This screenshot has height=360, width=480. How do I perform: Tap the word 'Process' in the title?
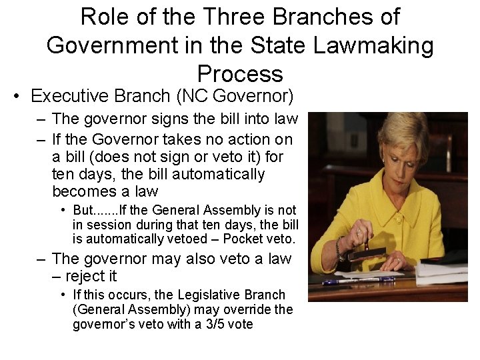click(240, 73)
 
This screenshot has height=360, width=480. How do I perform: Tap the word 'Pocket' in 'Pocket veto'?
click(243, 239)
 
